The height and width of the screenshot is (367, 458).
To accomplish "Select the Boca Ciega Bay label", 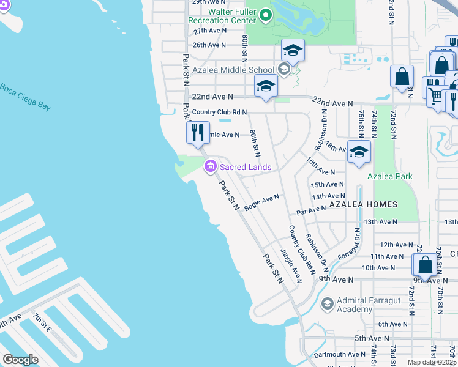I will (24, 96).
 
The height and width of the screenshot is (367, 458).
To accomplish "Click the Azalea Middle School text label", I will (233, 70).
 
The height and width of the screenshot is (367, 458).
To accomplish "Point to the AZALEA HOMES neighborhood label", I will (363, 204).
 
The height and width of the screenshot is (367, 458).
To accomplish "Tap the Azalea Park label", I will (389, 177).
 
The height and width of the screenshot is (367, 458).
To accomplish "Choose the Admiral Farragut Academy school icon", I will (327, 303).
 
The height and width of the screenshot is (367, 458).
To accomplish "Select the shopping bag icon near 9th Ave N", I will (424, 265).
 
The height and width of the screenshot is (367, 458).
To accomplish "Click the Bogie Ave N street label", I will (261, 202).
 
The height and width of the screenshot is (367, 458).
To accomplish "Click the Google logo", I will (20, 360).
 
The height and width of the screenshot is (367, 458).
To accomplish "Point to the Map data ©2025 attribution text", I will (432, 362).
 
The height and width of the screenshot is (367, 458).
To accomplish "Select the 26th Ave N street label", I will (209, 45).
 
